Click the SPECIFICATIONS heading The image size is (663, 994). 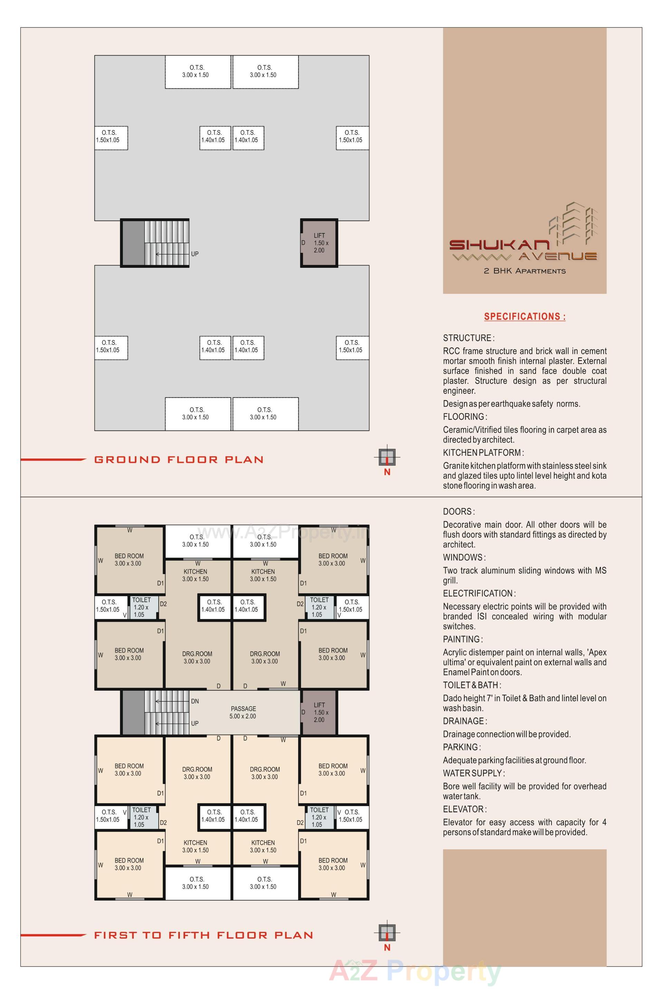coord(524,316)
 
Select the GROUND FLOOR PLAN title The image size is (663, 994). coord(179,460)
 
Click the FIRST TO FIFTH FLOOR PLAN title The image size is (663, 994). coord(203,935)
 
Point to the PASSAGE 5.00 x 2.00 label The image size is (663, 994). coord(243,712)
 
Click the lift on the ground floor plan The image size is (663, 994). coord(319,243)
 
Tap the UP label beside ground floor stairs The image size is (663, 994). coord(194,254)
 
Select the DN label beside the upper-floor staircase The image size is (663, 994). coord(194,701)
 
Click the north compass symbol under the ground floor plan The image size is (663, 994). coord(387,457)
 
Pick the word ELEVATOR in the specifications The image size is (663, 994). coord(464,809)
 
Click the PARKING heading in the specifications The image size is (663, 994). coord(462,747)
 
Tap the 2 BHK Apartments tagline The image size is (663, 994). coord(524,271)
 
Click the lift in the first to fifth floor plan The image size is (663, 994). coord(319,712)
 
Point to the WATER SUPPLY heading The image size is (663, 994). coord(473,773)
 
